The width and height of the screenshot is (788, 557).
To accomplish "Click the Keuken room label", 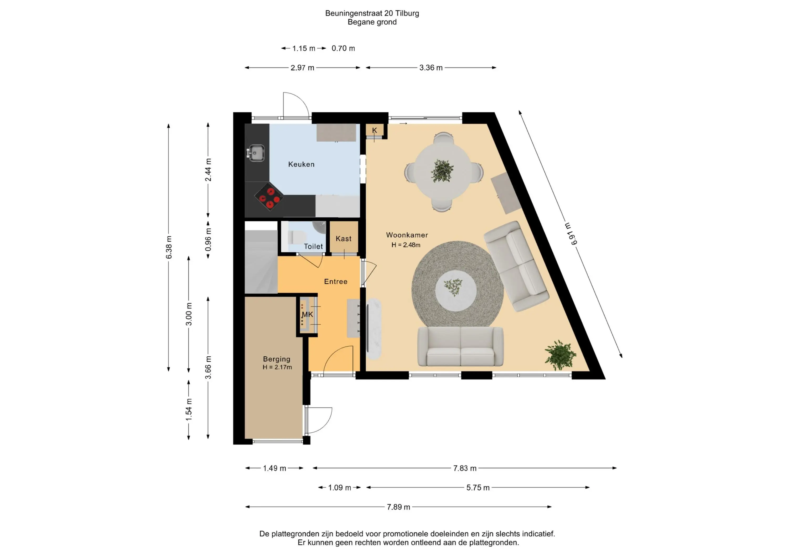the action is coord(301,164).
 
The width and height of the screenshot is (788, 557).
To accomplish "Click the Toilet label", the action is coord(313,246).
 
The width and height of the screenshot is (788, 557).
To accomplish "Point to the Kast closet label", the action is coord(344,238).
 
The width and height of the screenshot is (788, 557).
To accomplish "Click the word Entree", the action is coord(336,282).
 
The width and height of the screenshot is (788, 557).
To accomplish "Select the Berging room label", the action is coord(277,359).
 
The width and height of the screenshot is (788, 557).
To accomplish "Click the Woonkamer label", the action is coord(407,235).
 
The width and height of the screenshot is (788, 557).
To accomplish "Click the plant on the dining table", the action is coord(442,170).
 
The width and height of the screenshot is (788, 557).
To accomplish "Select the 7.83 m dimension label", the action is coord(465,468).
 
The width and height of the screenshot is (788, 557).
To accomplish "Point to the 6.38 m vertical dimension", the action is coord(169,247).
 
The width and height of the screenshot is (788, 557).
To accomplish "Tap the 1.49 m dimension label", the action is coord(274,468).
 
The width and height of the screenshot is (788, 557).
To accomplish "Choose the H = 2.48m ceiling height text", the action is coord(406,245).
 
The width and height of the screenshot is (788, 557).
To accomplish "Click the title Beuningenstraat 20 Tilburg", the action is coord(372,13).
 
